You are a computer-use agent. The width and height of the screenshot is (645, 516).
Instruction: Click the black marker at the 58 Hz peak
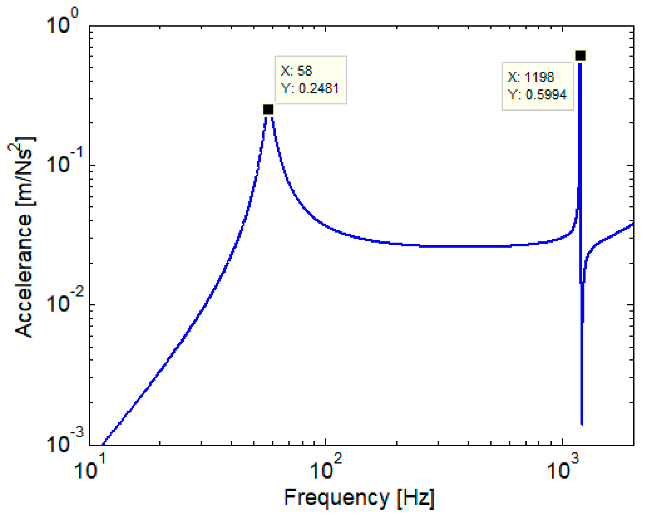point(268,109)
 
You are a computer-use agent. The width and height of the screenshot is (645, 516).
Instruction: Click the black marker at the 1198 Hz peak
point(580,55)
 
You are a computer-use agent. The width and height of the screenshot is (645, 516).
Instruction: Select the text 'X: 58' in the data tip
point(296,71)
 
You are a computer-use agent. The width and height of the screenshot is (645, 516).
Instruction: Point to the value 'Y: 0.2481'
point(310,89)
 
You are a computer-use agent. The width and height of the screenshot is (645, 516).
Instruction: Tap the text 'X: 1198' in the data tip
point(531,77)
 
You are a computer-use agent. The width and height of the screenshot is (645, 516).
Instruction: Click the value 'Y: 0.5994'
point(537,95)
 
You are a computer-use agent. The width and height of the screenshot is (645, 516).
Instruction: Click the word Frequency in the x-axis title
point(337,497)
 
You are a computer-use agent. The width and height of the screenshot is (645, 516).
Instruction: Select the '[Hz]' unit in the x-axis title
point(416,498)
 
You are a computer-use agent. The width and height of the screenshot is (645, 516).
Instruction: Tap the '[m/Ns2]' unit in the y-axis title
point(23,172)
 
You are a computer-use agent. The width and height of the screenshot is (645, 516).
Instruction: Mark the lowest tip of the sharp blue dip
point(582,424)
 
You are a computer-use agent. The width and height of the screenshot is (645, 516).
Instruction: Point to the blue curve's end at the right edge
point(633,224)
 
